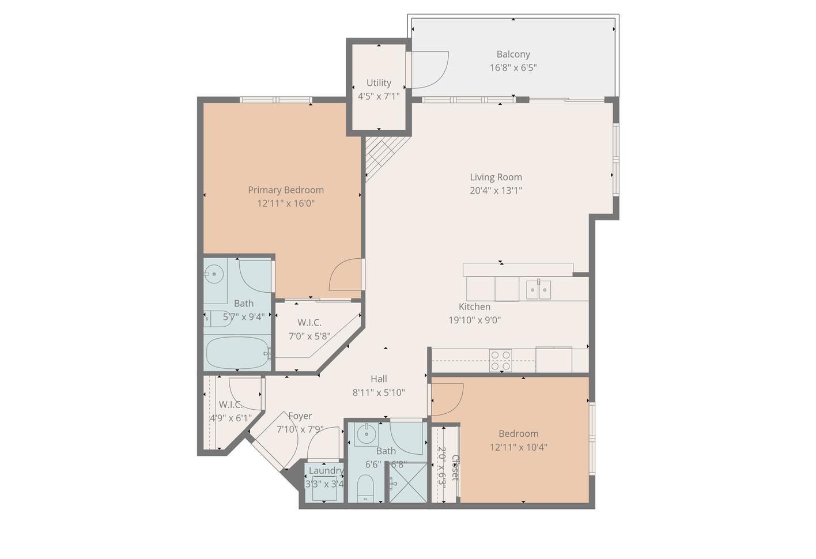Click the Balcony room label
(513, 54)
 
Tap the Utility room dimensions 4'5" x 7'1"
(379, 96)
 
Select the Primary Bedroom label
(286, 190)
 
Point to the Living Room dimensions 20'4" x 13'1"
(496, 191)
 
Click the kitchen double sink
(538, 289)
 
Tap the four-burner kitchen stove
(500, 361)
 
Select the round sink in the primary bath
(214, 274)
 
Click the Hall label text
(379, 379)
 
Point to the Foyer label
(300, 416)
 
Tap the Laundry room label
(326, 470)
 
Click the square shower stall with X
(408, 482)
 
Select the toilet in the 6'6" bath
(365, 489)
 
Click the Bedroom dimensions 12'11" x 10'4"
(519, 447)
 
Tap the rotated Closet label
(455, 467)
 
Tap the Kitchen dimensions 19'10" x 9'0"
(474, 320)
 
